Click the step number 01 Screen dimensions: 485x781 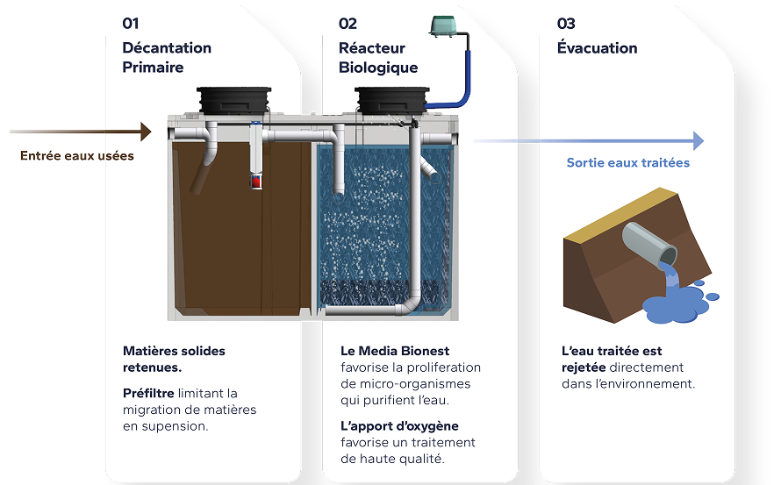[131, 24]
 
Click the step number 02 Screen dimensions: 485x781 [348, 24]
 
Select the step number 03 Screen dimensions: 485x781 [566, 24]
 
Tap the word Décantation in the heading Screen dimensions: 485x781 [167, 47]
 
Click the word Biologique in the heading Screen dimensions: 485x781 [378, 68]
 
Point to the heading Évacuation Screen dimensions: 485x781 [597, 47]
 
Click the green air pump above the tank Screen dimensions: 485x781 [448, 27]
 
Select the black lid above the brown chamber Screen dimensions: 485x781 [234, 98]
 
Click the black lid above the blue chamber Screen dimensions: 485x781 [391, 98]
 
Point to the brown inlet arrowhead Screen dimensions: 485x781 [146, 132]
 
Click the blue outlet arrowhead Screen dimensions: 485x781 [698, 140]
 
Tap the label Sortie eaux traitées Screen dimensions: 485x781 [627, 162]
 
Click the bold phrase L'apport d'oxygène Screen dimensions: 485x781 [399, 426]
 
